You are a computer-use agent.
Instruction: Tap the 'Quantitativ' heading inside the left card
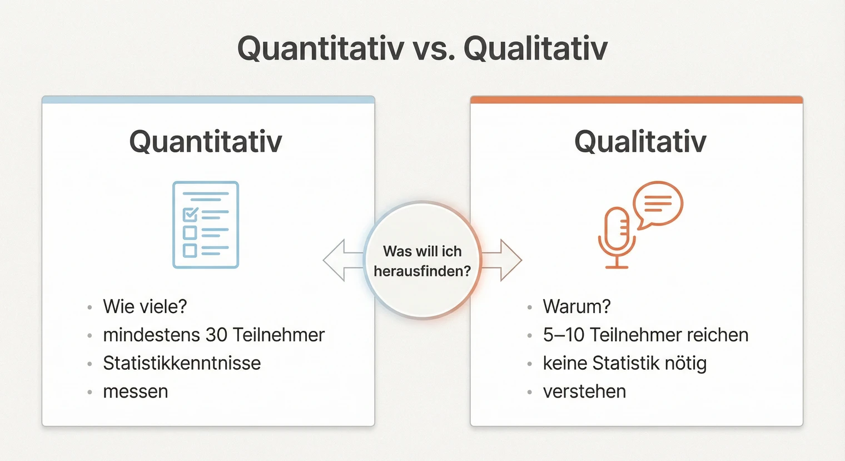pyautogui.click(x=206, y=141)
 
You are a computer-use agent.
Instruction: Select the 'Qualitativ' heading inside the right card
pyautogui.click(x=640, y=141)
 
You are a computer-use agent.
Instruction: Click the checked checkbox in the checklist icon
pyautogui.click(x=190, y=214)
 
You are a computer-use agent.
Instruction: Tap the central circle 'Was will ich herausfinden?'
pyautogui.click(x=422, y=260)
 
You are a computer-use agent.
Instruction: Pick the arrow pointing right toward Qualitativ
pyautogui.click(x=504, y=260)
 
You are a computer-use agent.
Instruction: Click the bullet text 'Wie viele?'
pyautogui.click(x=145, y=306)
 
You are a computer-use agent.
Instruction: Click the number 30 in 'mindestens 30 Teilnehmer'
pyautogui.click(x=216, y=335)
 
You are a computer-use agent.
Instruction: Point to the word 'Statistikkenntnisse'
pyautogui.click(x=182, y=363)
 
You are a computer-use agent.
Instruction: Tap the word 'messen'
pyautogui.click(x=135, y=391)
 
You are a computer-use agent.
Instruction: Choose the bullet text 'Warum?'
pyautogui.click(x=576, y=306)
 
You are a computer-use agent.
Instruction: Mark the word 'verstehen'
pyautogui.click(x=584, y=391)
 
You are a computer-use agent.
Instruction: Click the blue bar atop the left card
pyautogui.click(x=208, y=100)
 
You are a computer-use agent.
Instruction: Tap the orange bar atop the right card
pyautogui.click(x=637, y=100)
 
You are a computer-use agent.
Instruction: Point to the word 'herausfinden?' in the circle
pyautogui.click(x=422, y=271)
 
